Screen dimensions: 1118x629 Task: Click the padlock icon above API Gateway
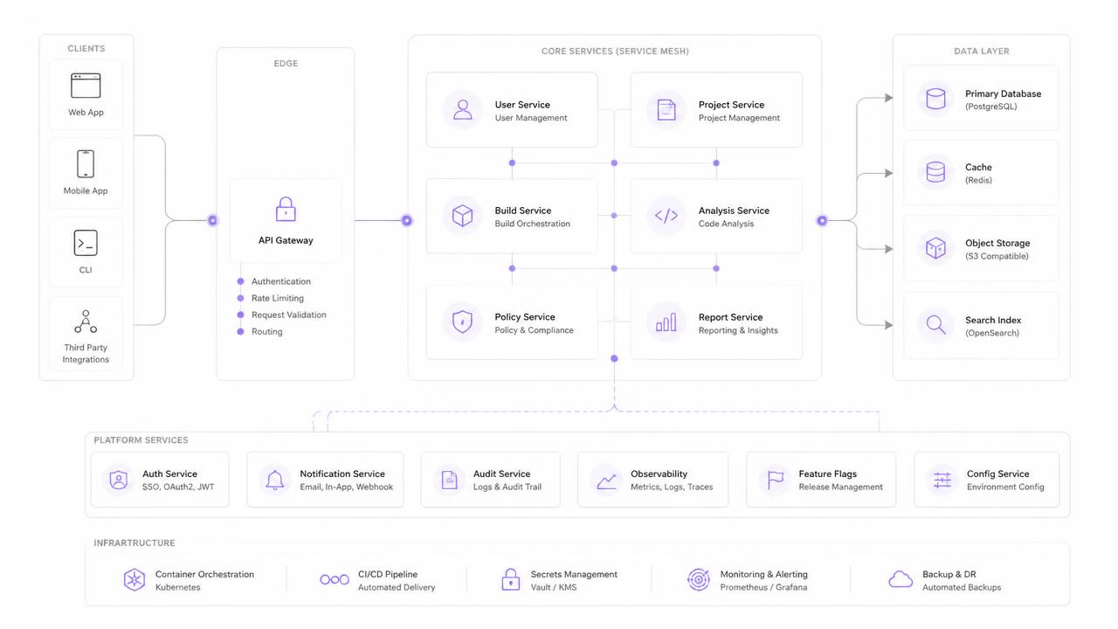click(286, 209)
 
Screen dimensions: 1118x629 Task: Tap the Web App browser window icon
click(86, 86)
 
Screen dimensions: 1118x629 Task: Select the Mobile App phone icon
click(86, 163)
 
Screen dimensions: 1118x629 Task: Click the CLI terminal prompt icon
click(86, 243)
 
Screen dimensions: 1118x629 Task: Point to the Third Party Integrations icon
click(86, 322)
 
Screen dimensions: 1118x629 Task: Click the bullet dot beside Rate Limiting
click(240, 298)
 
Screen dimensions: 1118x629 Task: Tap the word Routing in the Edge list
click(267, 331)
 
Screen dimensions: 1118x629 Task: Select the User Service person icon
click(463, 110)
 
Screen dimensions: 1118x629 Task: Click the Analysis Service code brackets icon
click(666, 216)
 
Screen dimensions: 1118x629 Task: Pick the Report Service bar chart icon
click(666, 322)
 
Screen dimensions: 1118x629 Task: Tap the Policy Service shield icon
click(462, 321)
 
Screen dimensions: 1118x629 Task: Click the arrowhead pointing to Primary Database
click(888, 98)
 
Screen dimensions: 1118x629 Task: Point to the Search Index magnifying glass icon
click(935, 325)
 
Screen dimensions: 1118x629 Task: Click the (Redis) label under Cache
click(978, 180)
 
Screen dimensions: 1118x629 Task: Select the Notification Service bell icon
click(274, 480)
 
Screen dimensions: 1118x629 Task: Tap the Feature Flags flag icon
click(775, 480)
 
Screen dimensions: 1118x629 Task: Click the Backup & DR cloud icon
click(901, 579)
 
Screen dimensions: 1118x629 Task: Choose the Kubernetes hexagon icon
click(135, 579)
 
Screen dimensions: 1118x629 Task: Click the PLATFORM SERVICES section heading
click(141, 440)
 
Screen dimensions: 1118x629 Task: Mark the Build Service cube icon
click(462, 216)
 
